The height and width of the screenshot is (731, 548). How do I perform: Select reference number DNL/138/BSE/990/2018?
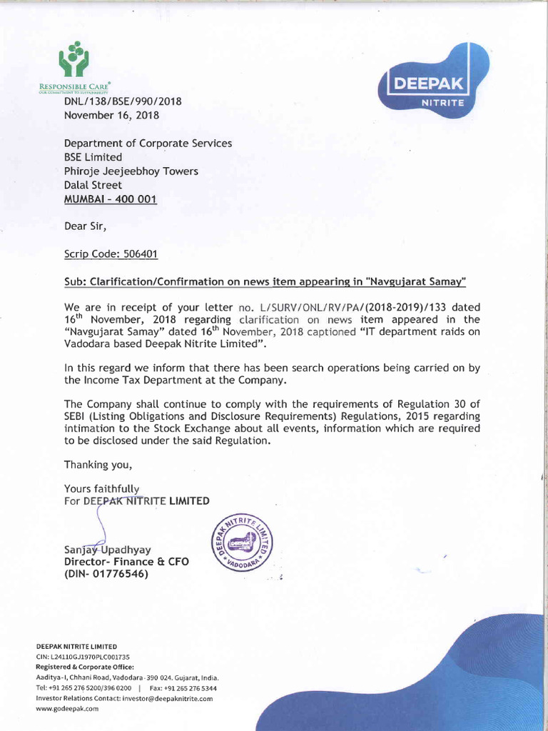pos(123,101)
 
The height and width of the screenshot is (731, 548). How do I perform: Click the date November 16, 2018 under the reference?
pos(112,115)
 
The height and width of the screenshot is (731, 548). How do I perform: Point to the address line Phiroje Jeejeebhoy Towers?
pos(131,171)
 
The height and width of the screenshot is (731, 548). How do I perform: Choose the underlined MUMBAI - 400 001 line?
pos(111,199)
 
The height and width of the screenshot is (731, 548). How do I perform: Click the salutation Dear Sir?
pos(86,227)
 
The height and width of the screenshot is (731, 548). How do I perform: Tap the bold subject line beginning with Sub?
pos(265,282)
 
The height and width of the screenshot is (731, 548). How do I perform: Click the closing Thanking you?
pos(98,465)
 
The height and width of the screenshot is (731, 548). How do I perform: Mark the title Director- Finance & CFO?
pos(126,562)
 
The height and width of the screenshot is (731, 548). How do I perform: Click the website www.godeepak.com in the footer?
pos(67,709)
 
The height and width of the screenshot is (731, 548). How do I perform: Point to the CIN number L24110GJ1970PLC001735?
pos(88,656)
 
